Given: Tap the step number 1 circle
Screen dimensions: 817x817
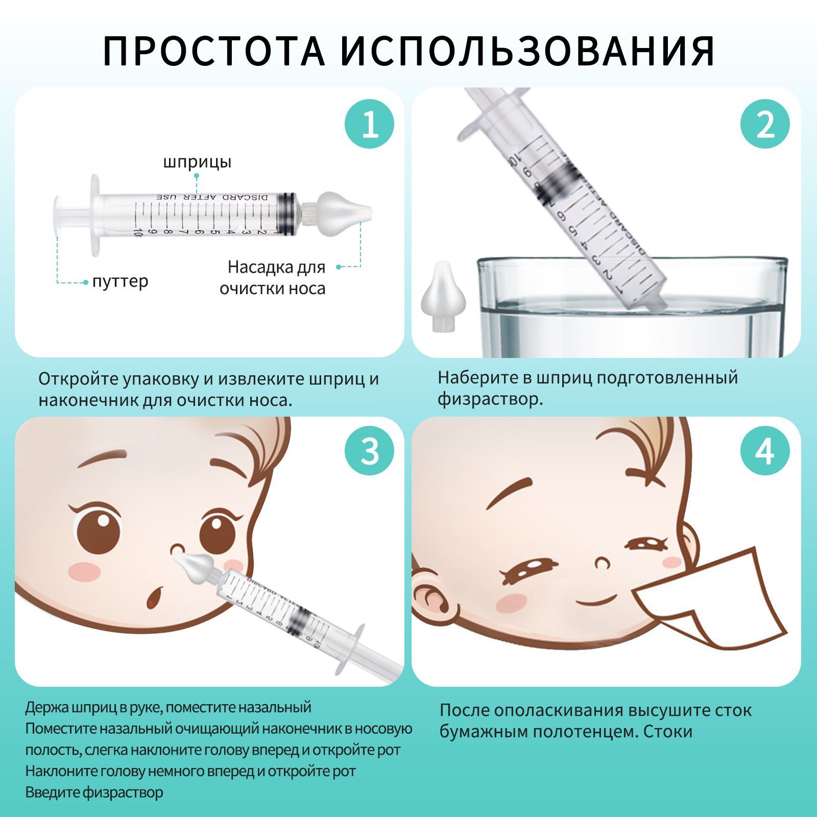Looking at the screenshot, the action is (x=370, y=124).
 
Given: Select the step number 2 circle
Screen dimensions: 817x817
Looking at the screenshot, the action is (x=765, y=124).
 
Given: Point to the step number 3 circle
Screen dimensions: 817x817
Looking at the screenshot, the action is (x=370, y=451).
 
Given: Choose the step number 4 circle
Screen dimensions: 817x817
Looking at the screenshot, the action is (x=765, y=451).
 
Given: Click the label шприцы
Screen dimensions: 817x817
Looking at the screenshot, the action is (x=197, y=162).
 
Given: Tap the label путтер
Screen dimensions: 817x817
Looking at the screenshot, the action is (x=120, y=281).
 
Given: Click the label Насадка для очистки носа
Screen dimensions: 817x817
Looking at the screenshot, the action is (x=273, y=277).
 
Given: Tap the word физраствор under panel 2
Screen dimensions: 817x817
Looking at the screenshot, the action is (x=490, y=399).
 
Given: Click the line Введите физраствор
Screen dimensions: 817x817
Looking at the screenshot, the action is (x=94, y=792).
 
